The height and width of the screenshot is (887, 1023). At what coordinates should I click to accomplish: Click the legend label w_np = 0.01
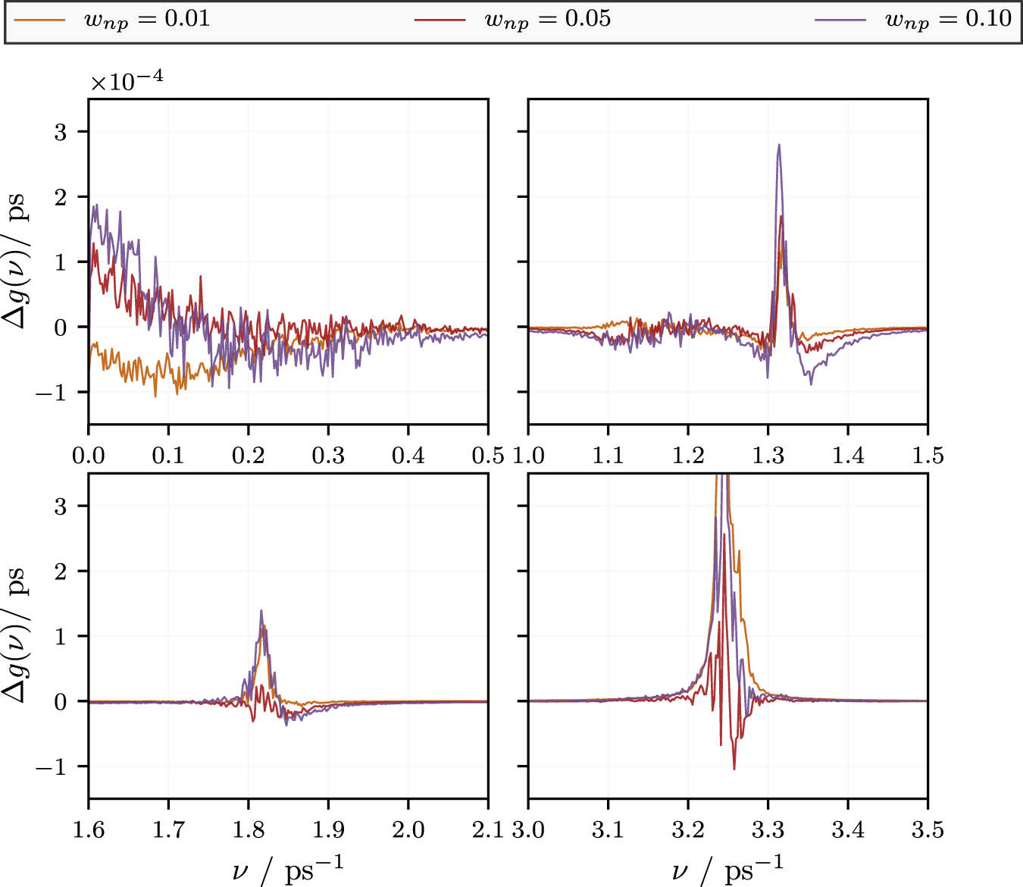tap(146, 19)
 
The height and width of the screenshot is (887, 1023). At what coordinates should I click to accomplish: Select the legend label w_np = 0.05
tap(547, 19)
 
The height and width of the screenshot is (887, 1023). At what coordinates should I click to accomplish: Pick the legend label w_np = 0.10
tap(948, 19)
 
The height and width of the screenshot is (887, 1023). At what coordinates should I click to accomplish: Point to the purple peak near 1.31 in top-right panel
tap(778, 146)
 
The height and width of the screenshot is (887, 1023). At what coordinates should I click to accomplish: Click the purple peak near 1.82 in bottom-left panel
tap(261, 611)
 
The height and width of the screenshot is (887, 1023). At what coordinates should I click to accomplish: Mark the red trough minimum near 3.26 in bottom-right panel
tap(734, 769)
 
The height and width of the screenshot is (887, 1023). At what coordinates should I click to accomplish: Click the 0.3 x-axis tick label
tap(328, 456)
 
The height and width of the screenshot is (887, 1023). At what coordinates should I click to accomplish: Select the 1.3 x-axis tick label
tap(768, 456)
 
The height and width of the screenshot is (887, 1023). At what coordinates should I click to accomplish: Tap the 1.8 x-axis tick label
tap(249, 830)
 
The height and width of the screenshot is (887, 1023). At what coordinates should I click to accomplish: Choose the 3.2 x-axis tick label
tap(688, 830)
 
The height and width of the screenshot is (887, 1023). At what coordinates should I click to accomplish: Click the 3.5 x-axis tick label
tap(928, 830)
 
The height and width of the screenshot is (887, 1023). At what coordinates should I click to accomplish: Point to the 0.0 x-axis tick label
tap(89, 456)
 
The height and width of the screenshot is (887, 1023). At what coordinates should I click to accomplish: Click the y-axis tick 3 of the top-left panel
tap(61, 132)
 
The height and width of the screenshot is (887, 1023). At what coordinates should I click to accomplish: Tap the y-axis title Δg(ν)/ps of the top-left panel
tap(17, 262)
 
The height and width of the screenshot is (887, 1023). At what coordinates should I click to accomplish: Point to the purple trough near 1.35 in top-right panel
tap(811, 384)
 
